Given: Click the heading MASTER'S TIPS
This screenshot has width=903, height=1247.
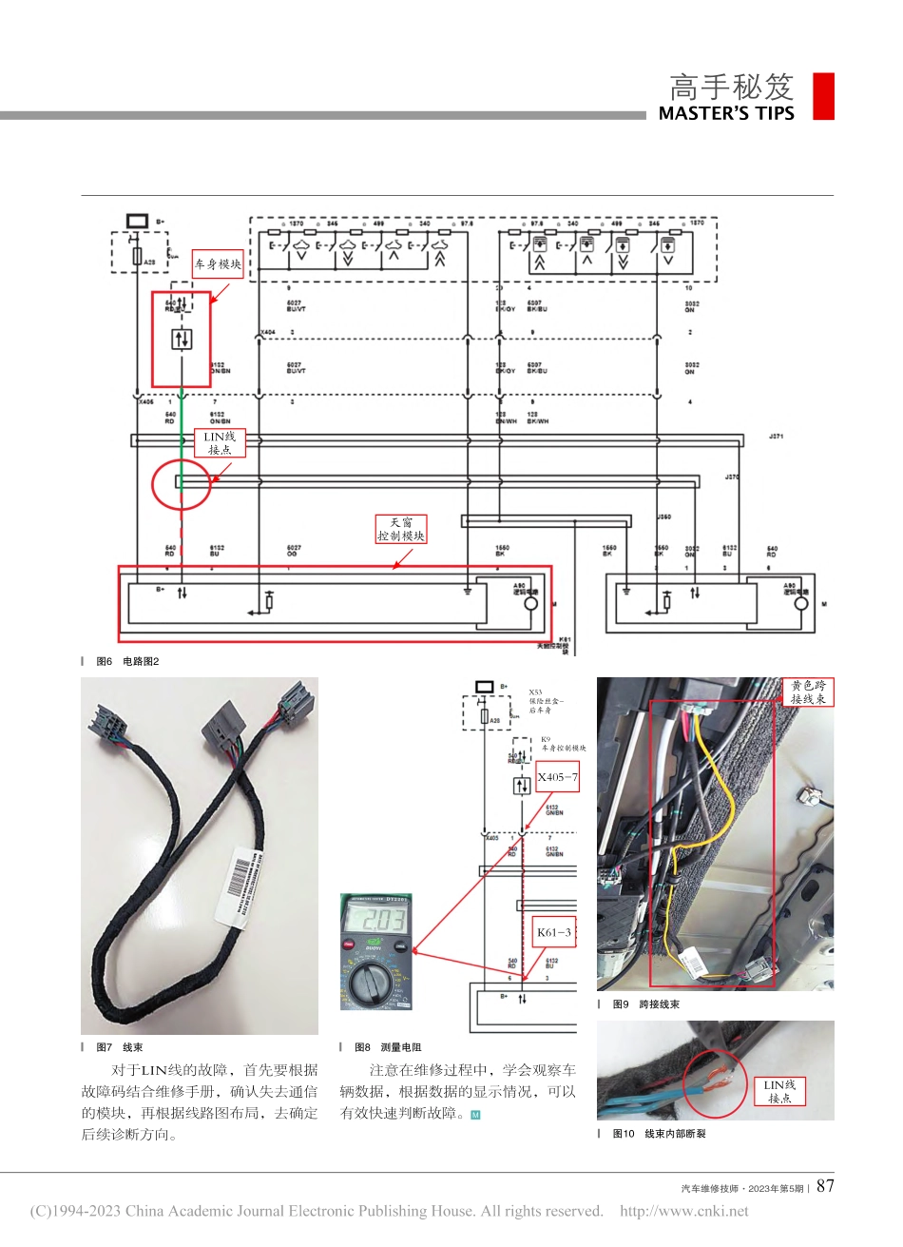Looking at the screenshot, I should tap(726, 113).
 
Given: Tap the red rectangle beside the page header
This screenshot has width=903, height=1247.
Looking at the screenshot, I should tap(823, 96).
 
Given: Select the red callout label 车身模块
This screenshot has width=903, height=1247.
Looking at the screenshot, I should tap(218, 264).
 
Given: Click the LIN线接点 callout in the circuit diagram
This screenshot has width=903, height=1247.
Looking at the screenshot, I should tap(220, 443).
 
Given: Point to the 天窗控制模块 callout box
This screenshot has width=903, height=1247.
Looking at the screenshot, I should tap(401, 529).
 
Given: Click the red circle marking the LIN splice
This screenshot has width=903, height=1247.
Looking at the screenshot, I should tap(181, 485).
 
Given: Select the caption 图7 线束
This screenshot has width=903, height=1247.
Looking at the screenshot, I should tap(120, 1047).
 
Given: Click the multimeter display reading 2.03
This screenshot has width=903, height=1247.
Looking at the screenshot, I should tap(377, 921).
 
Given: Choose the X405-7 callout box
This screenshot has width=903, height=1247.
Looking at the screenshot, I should tap(557, 777).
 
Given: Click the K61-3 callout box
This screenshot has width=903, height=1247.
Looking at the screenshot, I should tap(554, 932).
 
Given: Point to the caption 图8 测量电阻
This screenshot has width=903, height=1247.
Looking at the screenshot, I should tap(388, 1047).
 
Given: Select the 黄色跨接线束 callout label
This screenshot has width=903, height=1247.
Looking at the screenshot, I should tap(809, 692).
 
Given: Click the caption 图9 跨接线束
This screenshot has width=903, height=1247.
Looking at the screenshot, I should tap(645, 1004).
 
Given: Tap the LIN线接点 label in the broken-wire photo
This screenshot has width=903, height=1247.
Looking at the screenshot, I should tap(780, 1091).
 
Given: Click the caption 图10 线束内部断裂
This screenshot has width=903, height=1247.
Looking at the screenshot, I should tap(659, 1134).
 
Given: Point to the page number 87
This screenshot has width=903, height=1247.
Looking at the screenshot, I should tap(825, 1186).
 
